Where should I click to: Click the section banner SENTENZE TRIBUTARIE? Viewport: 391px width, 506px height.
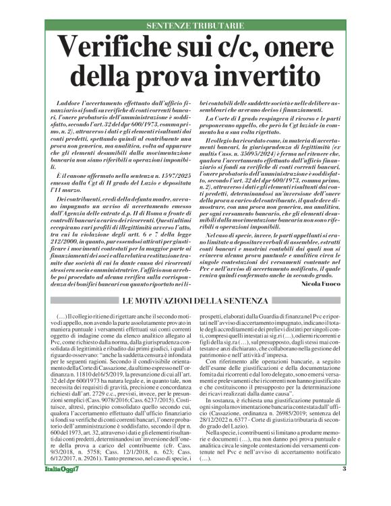195,25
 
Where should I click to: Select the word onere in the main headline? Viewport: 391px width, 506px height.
306,48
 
